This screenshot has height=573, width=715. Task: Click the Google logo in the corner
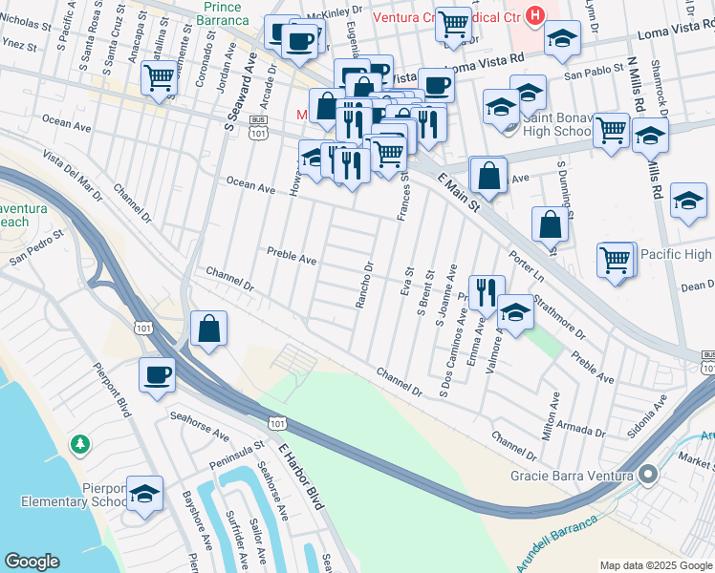(32, 562)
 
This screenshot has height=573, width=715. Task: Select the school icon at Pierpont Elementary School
(143, 494)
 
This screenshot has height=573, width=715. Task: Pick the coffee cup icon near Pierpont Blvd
(157, 373)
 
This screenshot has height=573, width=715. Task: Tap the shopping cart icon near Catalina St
(158, 77)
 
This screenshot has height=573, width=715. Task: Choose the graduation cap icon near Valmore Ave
(515, 312)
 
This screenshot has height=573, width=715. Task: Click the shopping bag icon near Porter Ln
(552, 224)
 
